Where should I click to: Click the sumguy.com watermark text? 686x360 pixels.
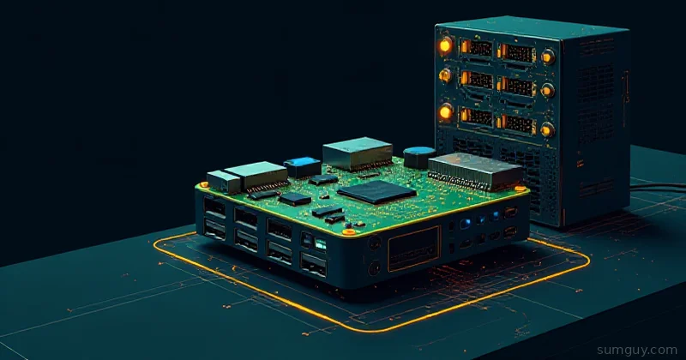pos(637,350)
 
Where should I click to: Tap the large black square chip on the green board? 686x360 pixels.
pos(376,192)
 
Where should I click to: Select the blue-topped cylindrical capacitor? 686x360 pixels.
pos(419,157)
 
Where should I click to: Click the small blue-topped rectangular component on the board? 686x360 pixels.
pos(303,166)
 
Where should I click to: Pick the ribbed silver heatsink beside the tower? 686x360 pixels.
pos(475,171)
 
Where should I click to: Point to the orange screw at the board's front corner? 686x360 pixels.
pos(349,231)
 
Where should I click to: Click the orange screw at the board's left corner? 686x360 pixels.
pos(203,184)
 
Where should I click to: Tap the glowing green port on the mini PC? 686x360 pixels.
pos(321,244)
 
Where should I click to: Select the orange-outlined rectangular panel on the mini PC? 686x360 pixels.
pos(414,248)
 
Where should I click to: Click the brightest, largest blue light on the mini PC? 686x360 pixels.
pos(466,224)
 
